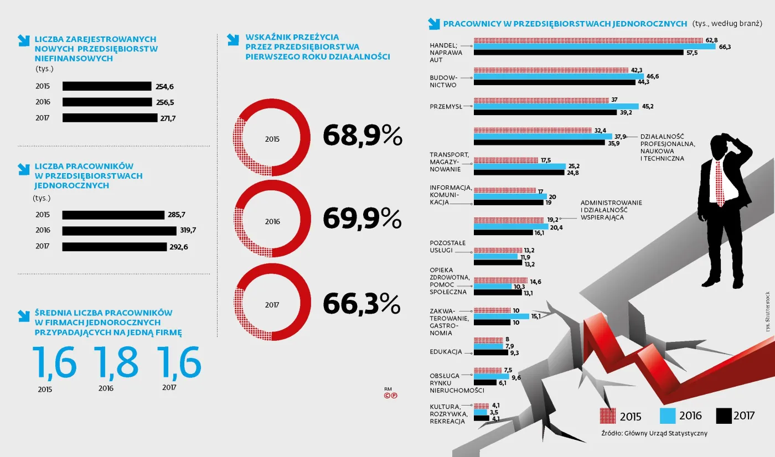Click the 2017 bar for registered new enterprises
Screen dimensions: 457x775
point(110,118)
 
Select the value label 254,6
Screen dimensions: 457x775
point(164,86)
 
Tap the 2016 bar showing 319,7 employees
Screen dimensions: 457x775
point(119,231)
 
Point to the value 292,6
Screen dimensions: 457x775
point(179,247)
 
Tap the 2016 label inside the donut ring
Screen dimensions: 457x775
point(272,221)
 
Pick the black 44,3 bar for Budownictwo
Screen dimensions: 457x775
point(554,82)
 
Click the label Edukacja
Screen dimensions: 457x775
point(446,352)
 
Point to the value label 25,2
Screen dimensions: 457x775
point(574,166)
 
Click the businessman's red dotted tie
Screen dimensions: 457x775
point(720,183)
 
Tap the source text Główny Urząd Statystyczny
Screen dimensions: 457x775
point(654,433)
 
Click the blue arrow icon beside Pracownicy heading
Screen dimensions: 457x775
point(433,24)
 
